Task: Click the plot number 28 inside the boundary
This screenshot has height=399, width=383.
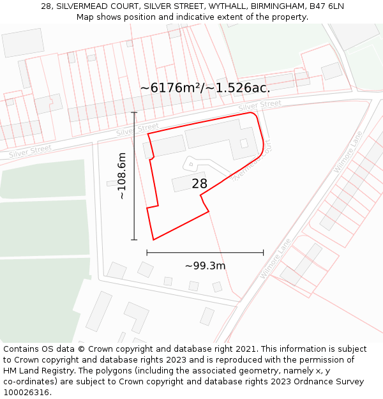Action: click(x=199, y=184)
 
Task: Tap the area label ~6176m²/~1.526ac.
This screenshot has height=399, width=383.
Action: click(x=204, y=88)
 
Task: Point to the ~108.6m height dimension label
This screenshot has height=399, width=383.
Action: click(x=122, y=176)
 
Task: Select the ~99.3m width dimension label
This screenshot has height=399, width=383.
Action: click(x=205, y=266)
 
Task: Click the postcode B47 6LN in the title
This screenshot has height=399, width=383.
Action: click(x=327, y=6)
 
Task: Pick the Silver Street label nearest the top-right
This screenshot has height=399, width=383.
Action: click(x=260, y=105)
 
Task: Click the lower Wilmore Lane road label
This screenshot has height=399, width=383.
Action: click(x=275, y=259)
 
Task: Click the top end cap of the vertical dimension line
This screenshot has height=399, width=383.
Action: click(x=134, y=112)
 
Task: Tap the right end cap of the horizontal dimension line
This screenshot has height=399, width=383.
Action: click(x=263, y=253)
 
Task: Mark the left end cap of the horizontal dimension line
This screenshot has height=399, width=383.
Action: click(x=147, y=253)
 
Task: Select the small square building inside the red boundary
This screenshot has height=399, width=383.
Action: click(x=244, y=143)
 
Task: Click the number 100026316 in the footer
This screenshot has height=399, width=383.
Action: click(x=26, y=393)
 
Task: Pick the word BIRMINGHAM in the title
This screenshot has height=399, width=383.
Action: click(x=279, y=6)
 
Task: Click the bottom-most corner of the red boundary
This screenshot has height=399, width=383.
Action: click(x=153, y=240)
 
